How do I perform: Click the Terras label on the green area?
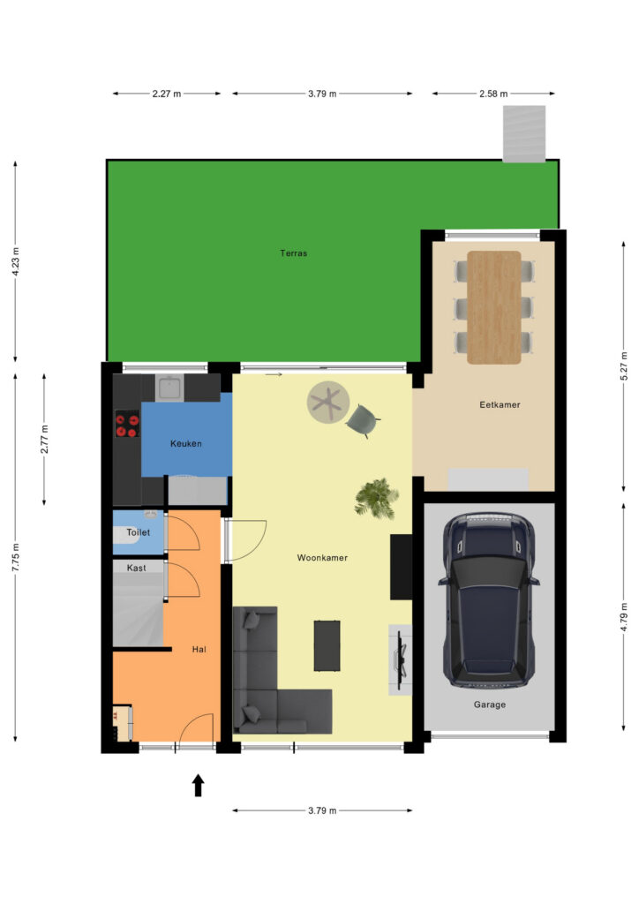293,253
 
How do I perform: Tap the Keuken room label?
186,443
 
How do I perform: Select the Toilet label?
139,532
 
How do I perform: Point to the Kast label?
137,568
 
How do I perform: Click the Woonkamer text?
322,558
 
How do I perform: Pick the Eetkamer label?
500,404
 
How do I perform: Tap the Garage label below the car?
490,704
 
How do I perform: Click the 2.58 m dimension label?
493,94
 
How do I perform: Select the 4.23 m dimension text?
16,261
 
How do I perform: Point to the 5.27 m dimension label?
623,365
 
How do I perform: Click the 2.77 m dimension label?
44,439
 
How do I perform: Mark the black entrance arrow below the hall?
199,785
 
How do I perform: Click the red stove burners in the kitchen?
127,424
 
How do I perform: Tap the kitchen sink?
170,387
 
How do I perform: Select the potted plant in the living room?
377,498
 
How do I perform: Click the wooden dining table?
493,307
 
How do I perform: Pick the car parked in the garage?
489,599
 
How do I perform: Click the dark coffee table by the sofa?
327,645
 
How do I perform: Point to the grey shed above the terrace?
524,134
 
